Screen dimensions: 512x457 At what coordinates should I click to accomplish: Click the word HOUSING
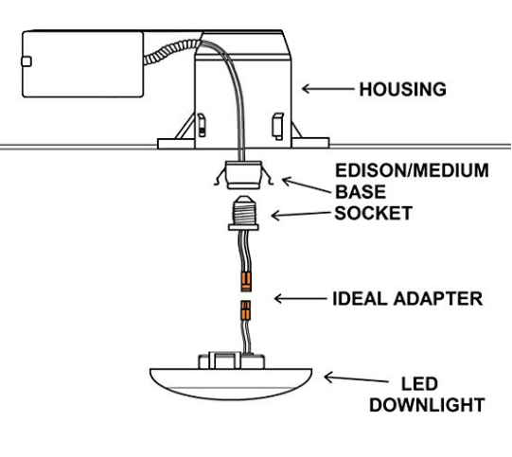coord(402,90)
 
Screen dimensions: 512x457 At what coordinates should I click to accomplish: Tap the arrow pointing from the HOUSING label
coord(327,88)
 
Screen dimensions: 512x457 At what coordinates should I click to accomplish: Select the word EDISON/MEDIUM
coord(412,170)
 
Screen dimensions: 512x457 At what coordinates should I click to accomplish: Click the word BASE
coord(361,192)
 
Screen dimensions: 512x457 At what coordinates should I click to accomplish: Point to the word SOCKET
coord(373,213)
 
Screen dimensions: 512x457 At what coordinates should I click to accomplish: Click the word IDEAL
coord(360,299)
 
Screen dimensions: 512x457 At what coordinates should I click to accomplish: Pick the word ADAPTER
coord(438,299)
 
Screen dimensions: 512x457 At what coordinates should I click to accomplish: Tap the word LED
coord(419,384)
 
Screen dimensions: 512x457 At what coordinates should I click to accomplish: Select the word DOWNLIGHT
coord(427,405)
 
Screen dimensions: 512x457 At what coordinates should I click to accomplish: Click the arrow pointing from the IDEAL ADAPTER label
coord(300,298)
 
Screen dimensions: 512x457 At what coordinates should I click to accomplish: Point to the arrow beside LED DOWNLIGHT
coord(356,378)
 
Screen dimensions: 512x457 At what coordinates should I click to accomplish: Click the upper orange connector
coord(246,282)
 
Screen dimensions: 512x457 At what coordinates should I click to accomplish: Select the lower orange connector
coord(245,310)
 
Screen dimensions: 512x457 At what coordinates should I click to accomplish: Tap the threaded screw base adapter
coord(243,213)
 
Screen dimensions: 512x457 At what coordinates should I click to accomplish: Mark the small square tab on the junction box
coord(26,62)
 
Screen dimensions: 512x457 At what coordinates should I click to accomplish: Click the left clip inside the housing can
coord(202,125)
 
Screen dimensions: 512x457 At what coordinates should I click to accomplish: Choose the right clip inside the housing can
coord(278,127)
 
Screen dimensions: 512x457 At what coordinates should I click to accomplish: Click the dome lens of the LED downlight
coord(231,384)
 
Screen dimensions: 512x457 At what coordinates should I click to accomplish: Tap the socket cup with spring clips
coord(244,175)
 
